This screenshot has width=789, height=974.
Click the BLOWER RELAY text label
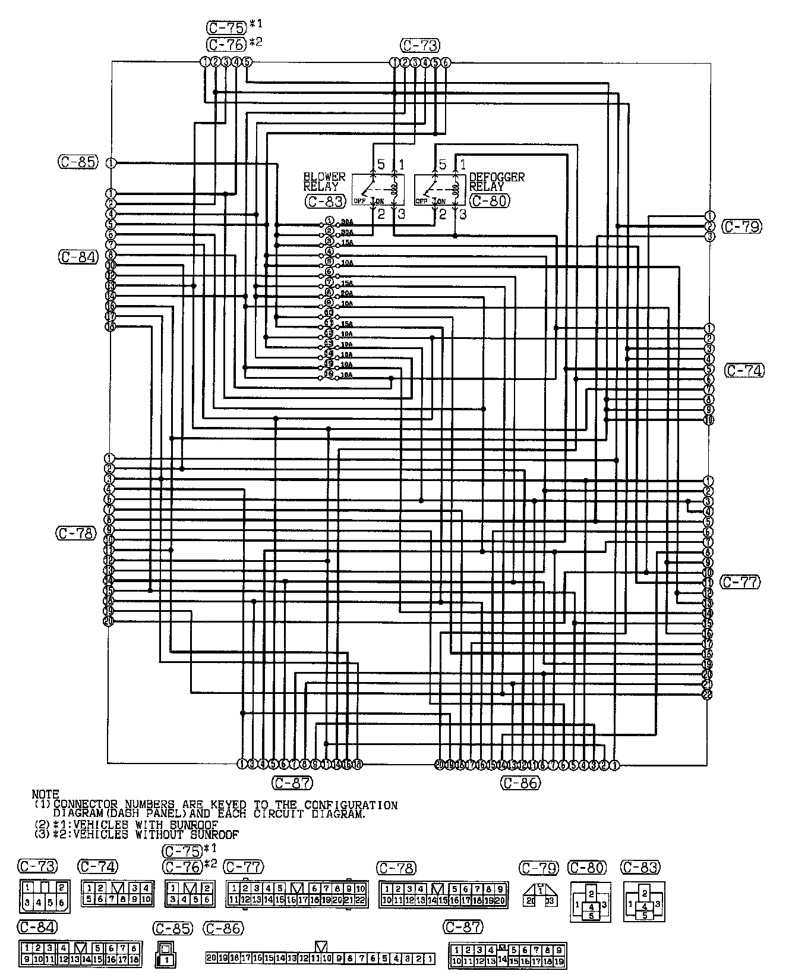pyautogui.click(x=324, y=181)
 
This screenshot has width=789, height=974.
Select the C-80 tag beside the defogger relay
pyautogui.click(x=489, y=201)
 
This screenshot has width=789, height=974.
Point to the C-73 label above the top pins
pyautogui.click(x=420, y=45)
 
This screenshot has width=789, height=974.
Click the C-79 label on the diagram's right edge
pyautogui.click(x=741, y=226)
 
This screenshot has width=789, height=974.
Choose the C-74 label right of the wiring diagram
pyautogui.click(x=744, y=370)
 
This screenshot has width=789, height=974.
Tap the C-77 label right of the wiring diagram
pyautogui.click(x=740, y=582)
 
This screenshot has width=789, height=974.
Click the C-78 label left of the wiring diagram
pyautogui.click(x=76, y=533)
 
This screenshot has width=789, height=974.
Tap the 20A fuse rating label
pyautogui.click(x=346, y=293)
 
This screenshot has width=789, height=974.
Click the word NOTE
pyautogui.click(x=46, y=794)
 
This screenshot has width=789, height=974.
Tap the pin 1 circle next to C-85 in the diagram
pyautogui.click(x=111, y=162)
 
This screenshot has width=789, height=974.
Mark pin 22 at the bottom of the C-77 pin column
pyautogui.click(x=707, y=694)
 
